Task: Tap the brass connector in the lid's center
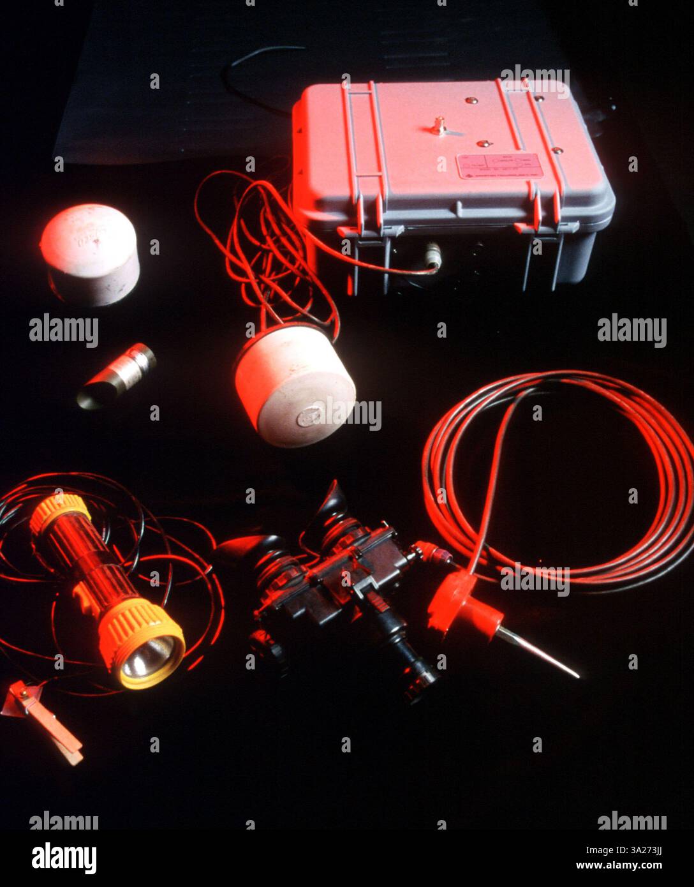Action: pyautogui.click(x=438, y=126)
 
